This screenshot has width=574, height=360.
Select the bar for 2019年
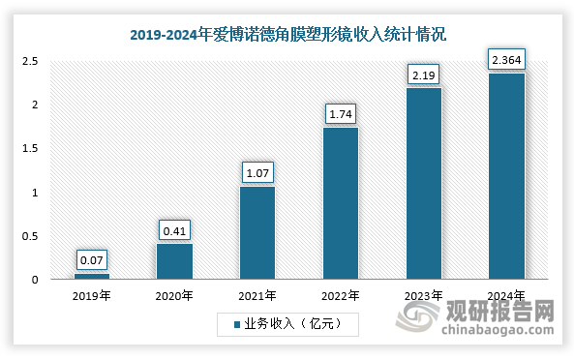coord(92,277)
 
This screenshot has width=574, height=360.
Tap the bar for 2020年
coord(174,261)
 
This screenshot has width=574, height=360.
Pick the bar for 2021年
coord(257,232)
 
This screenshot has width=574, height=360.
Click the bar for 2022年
coord(340,203)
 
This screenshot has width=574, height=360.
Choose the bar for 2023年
coord(423,184)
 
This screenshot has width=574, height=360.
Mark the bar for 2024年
coord(505,176)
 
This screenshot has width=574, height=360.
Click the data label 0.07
coord(92,259)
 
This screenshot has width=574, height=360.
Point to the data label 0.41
coord(174,229)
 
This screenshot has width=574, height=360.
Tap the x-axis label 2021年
coord(257,295)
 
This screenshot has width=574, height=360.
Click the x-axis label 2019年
coord(92,295)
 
